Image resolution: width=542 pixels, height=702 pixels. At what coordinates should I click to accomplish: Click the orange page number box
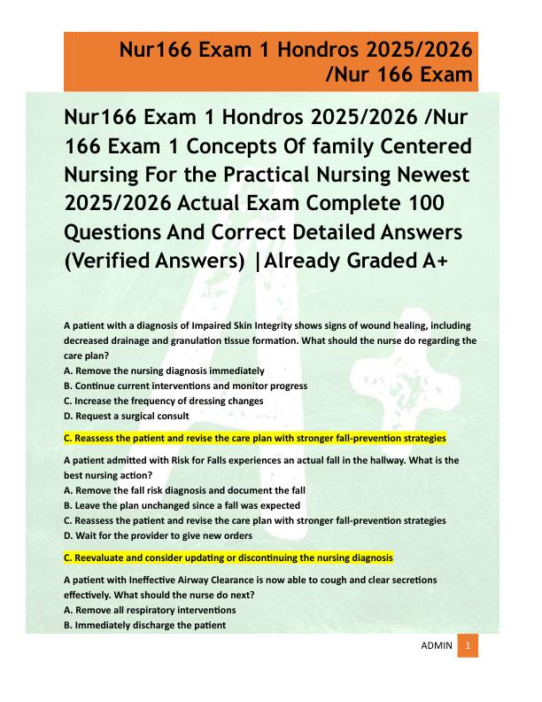point(468,645)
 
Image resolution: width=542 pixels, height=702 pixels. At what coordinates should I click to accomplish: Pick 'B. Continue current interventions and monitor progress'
point(186,386)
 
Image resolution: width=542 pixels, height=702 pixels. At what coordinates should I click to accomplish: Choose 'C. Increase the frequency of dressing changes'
point(164,401)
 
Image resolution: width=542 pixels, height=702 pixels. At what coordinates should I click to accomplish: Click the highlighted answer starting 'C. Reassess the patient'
point(255,438)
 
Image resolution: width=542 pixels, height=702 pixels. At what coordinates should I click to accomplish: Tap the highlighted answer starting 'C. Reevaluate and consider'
point(228,558)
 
